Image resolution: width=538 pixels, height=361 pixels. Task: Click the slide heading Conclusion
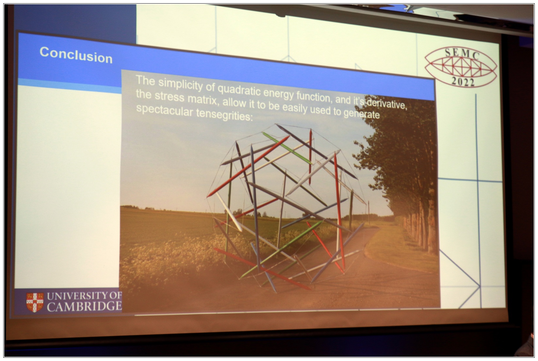click(76, 55)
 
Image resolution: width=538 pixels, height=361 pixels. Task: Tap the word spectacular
click(164, 111)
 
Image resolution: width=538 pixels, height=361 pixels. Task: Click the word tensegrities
click(225, 115)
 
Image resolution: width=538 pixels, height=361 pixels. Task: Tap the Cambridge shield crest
click(35, 302)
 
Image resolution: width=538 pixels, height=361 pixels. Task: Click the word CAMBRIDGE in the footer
click(84, 306)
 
